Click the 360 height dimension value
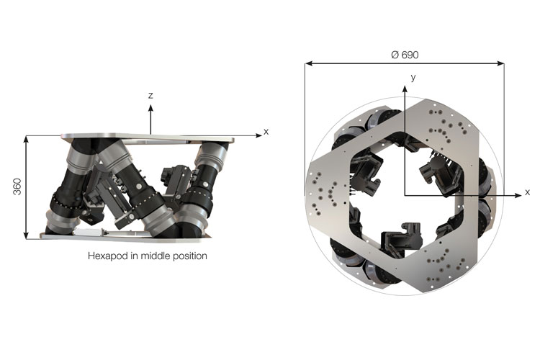coord(17,186)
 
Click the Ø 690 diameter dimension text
coord(405,55)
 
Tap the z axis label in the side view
coord(150,96)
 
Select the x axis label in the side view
coord(266,132)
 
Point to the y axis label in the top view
coord(413,77)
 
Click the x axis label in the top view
coord(527,192)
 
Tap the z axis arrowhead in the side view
coord(150,108)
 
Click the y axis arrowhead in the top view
coord(405,89)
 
